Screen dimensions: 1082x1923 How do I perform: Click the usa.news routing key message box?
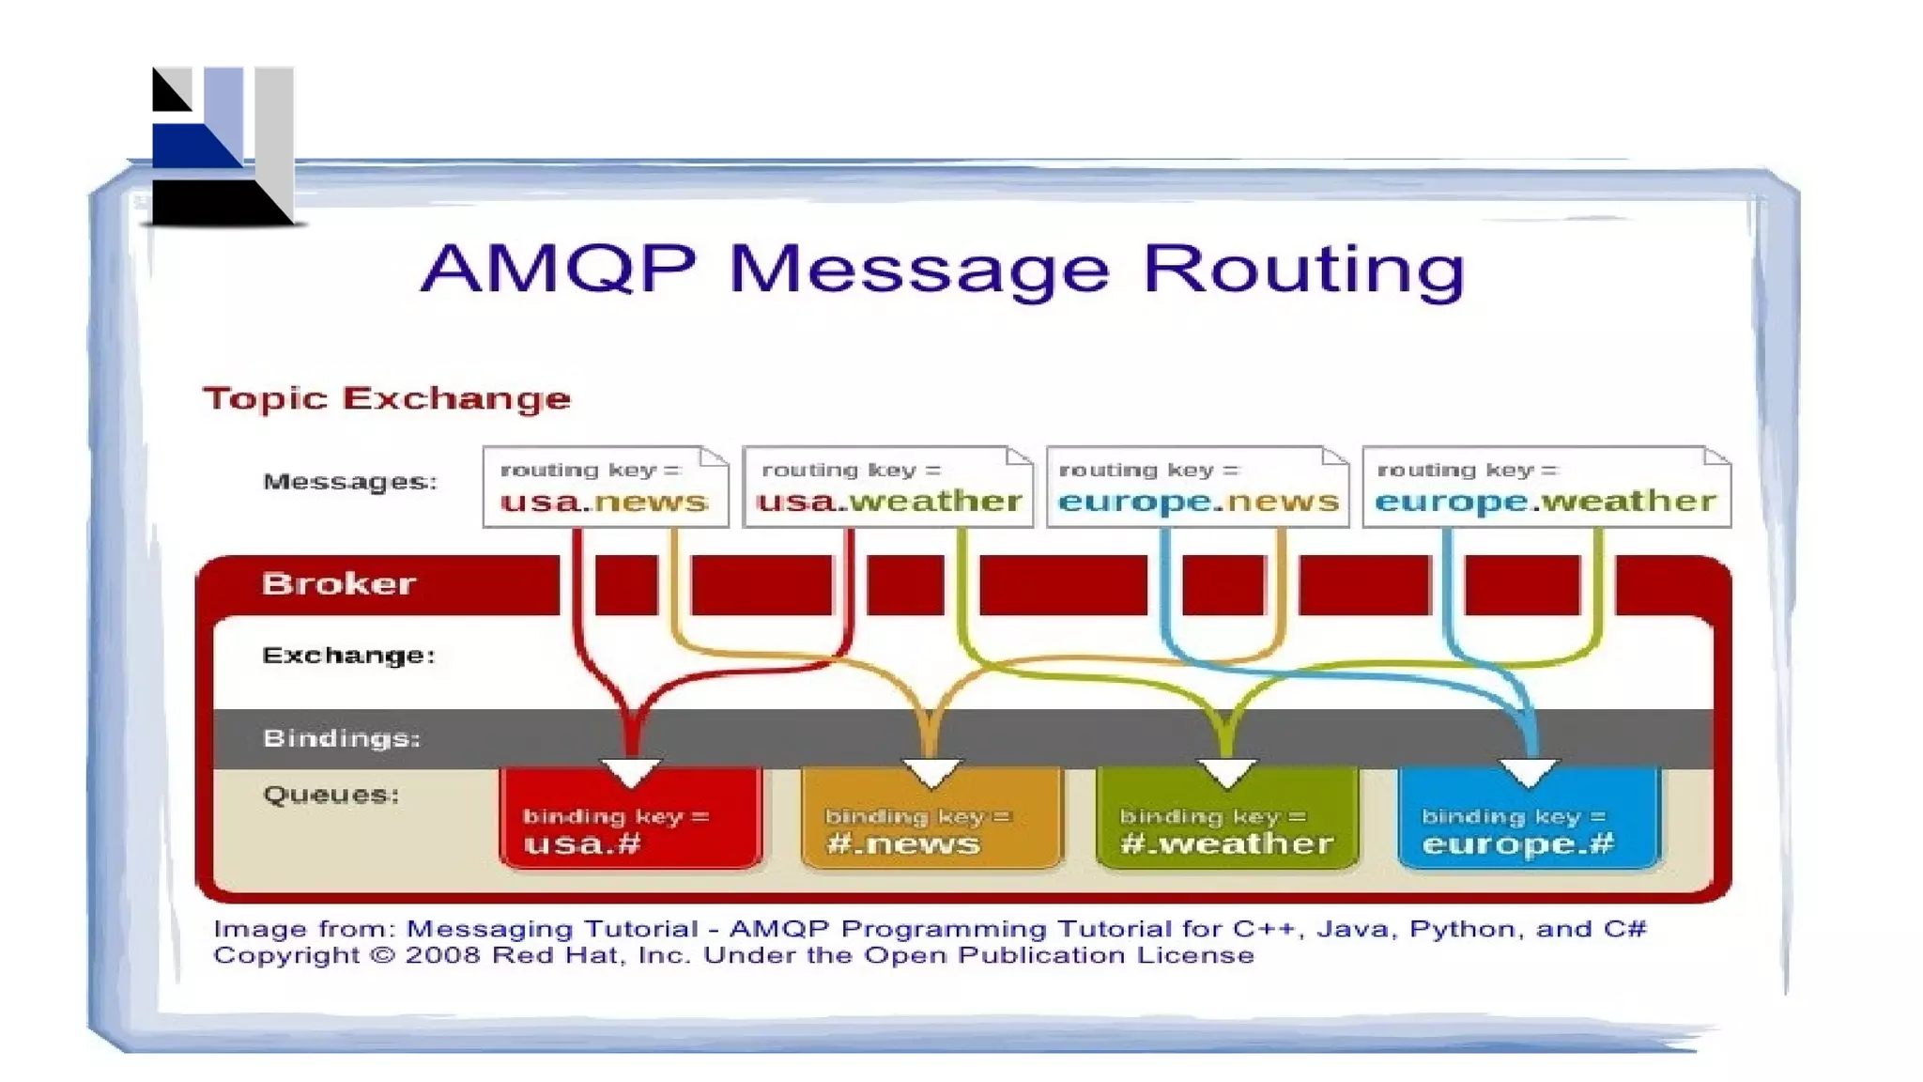click(606, 487)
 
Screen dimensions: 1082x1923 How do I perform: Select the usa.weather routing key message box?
click(887, 487)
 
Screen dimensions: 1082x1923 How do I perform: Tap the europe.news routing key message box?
click(1197, 487)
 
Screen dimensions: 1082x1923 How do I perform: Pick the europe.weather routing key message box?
click(1546, 487)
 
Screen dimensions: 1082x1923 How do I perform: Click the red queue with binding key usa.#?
click(630, 822)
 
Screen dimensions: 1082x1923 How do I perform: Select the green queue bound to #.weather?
click(1226, 822)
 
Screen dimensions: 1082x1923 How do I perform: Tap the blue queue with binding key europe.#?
click(1529, 822)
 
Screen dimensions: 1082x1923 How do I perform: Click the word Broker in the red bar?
click(338, 583)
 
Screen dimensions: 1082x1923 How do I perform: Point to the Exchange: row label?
click(348, 655)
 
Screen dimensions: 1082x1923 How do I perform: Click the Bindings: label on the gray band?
click(341, 738)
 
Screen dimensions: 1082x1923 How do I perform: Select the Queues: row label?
click(331, 795)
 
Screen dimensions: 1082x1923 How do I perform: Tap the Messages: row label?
click(349, 482)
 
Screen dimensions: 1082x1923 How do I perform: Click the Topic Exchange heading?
click(386, 398)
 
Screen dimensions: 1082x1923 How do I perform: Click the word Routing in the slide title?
click(1303, 270)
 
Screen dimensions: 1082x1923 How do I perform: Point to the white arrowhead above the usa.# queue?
click(631, 772)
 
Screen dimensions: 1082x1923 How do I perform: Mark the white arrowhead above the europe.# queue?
click(1529, 772)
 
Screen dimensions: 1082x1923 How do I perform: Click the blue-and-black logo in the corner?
click(223, 147)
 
